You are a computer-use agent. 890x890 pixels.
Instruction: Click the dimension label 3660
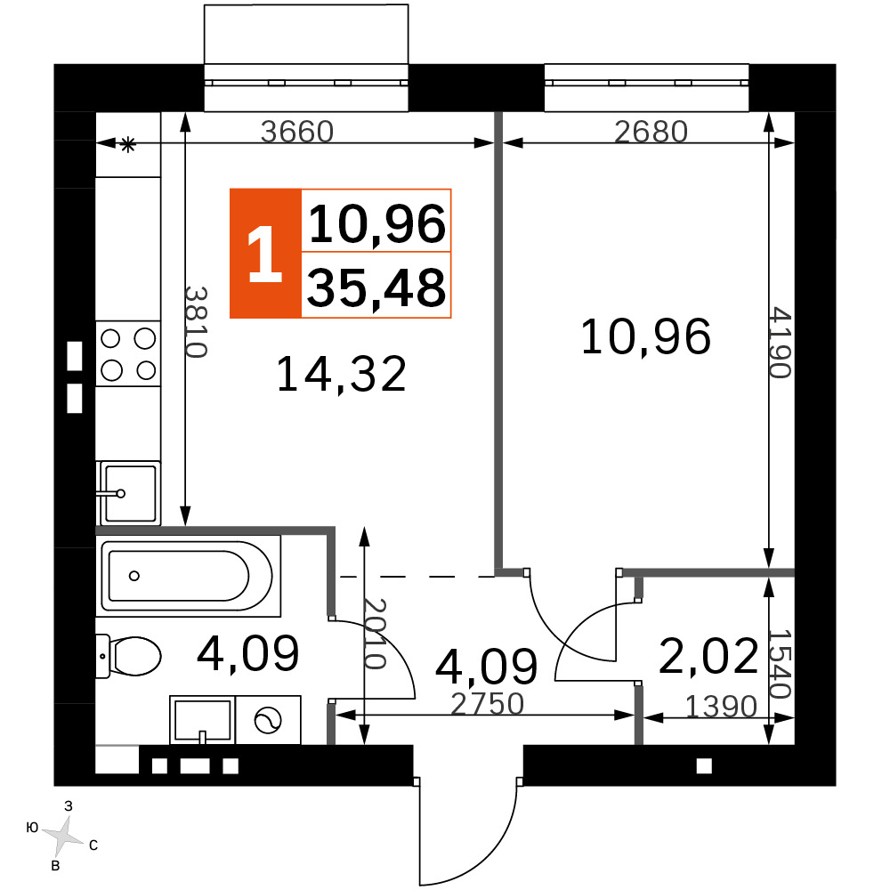(297, 132)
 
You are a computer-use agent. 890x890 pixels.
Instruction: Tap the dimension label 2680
(651, 132)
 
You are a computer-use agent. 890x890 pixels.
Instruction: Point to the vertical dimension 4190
(781, 343)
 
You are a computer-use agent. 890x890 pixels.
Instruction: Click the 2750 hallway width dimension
(487, 704)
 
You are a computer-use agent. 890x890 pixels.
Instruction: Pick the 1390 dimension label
(722, 707)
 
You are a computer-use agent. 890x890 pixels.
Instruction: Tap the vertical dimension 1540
(780, 664)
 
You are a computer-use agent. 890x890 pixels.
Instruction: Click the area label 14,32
(341, 374)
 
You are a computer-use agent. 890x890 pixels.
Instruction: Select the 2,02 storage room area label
(708, 655)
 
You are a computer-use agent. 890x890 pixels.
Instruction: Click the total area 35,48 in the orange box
(376, 287)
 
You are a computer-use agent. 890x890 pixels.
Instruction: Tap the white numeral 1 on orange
(265, 253)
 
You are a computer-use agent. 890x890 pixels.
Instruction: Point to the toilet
(128, 656)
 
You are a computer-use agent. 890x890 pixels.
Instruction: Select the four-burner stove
(127, 354)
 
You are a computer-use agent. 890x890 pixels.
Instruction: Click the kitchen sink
(128, 493)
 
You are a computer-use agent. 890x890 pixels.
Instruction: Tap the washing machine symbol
(268, 720)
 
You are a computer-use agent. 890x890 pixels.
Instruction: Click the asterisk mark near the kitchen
(127, 145)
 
